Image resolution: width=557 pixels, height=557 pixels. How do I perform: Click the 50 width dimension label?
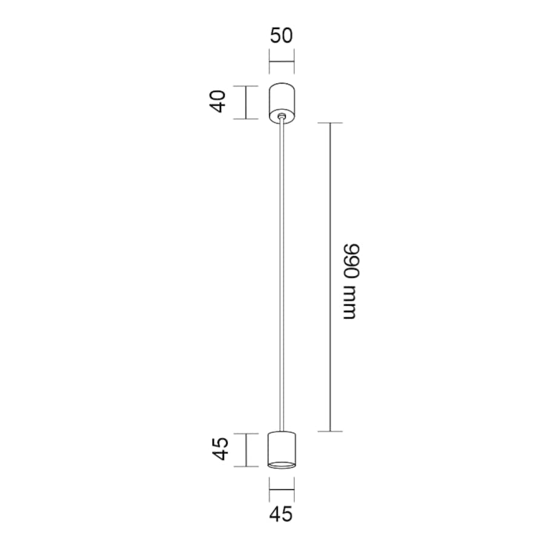pos(281,35)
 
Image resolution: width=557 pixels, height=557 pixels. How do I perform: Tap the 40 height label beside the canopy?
pos(219,101)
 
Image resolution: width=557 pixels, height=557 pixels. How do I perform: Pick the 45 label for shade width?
pos(281,514)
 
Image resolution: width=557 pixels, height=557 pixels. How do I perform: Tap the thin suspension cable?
pos(281,272)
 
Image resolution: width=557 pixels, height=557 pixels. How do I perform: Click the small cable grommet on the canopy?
pos(281,114)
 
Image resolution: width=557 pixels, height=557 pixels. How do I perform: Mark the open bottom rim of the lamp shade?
pos(282,464)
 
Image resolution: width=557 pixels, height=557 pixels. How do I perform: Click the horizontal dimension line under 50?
pos(281,62)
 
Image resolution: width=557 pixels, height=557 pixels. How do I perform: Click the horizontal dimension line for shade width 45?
pos(282,488)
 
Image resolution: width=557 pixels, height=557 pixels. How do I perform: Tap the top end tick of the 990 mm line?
pos(330,123)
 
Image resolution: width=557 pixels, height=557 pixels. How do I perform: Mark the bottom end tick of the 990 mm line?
pos(330,432)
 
